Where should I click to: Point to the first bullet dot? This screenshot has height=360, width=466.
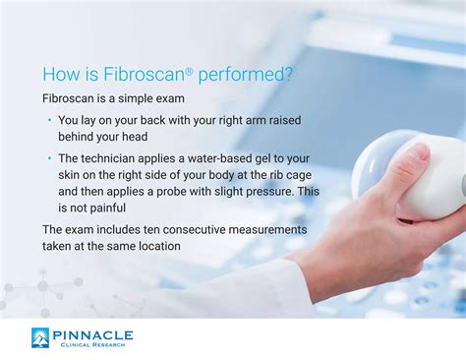[49, 120]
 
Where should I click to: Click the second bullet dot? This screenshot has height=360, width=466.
[49, 156]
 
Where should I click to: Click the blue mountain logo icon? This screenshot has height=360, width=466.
[41, 338]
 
